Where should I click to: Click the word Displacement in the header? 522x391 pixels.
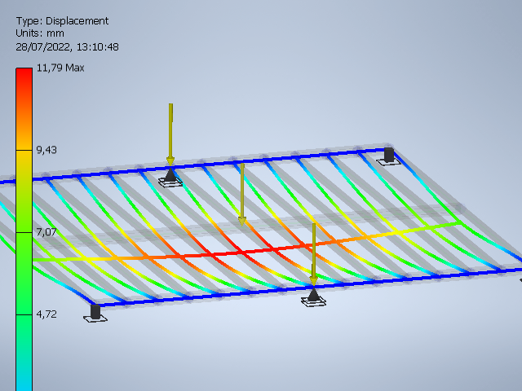point(77,21)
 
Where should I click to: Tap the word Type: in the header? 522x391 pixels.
point(29,21)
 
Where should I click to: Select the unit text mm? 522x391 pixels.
point(55,33)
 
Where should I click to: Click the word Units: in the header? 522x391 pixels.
point(29,33)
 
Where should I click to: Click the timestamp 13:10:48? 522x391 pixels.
point(98,47)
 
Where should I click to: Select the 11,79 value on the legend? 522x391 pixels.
point(49,68)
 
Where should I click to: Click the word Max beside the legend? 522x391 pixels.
point(74,68)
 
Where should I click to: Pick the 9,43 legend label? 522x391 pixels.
point(46,150)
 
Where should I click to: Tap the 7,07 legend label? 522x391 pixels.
point(46,232)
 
